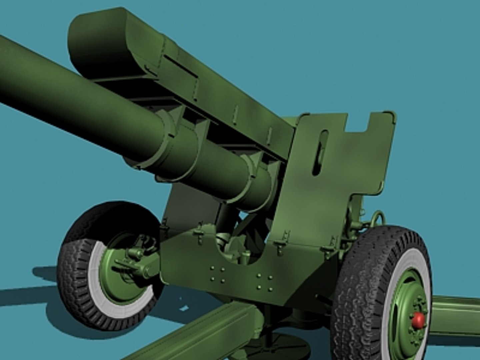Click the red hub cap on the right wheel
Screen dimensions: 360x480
[418, 321]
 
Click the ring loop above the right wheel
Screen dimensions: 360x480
[379, 218]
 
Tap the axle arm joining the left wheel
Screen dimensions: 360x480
[140, 263]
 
